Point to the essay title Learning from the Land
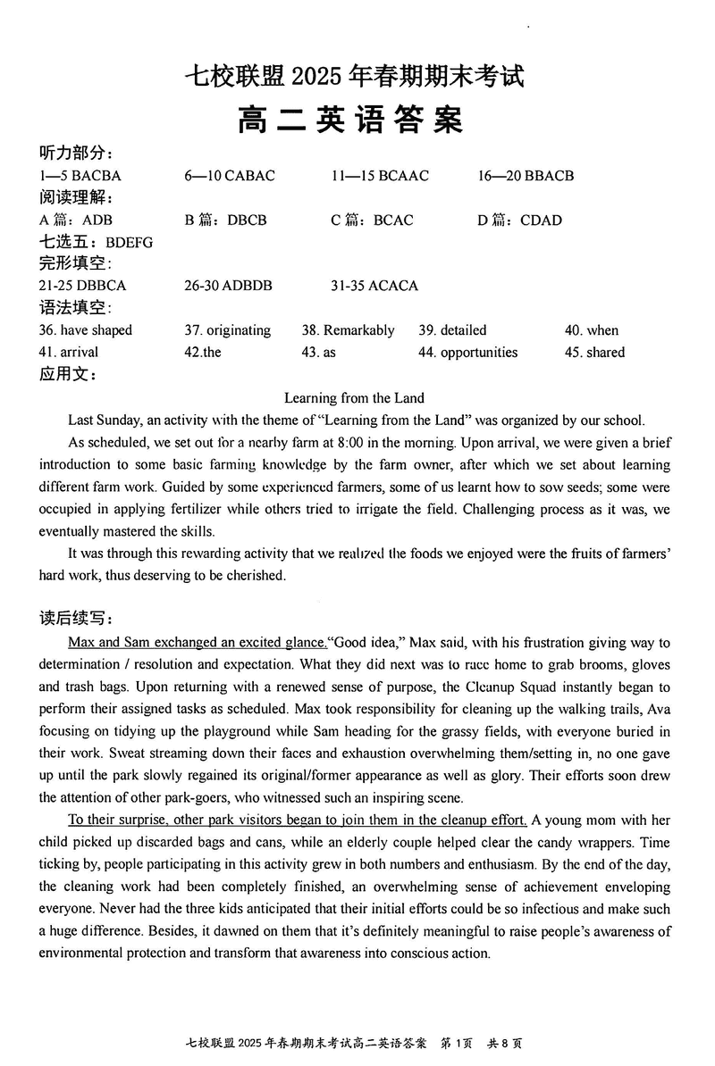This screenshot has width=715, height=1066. pos(354,398)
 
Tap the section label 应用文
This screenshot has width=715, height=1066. pos(68,375)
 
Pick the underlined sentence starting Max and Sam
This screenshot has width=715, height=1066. pos(198,643)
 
